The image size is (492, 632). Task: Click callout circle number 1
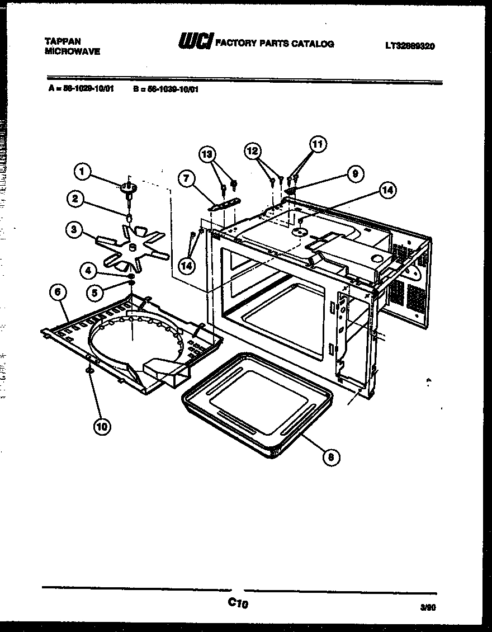[82, 172]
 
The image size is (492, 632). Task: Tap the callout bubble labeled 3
[73, 229]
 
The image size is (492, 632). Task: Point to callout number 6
[59, 291]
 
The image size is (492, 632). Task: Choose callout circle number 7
[187, 179]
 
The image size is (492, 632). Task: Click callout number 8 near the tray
[332, 457]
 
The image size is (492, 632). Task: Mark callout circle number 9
[354, 173]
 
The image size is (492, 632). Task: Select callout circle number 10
[102, 426]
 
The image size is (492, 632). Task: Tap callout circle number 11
[318, 144]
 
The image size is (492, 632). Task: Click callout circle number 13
[207, 154]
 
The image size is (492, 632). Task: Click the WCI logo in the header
[195, 41]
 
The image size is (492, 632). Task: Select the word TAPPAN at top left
[63, 41]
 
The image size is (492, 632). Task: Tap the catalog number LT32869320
[410, 46]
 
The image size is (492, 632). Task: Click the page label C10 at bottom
[238, 603]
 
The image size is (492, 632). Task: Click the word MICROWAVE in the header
[72, 51]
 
